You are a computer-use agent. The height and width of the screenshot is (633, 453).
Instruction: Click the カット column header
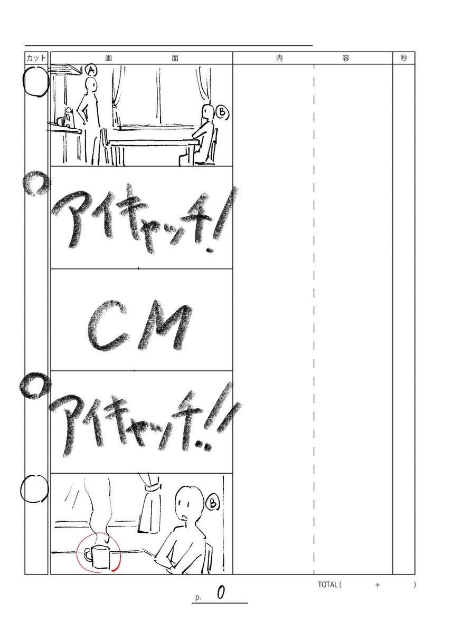click(x=36, y=58)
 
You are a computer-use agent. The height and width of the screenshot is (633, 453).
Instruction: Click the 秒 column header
click(x=404, y=58)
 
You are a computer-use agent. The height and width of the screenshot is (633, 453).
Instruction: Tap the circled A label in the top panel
click(x=91, y=70)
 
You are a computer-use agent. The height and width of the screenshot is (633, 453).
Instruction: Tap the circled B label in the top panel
click(x=222, y=112)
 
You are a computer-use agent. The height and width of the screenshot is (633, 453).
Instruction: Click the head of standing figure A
click(x=92, y=85)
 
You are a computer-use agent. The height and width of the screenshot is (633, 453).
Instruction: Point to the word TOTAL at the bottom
click(x=328, y=584)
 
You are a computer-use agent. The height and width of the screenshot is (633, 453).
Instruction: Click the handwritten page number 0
click(x=221, y=593)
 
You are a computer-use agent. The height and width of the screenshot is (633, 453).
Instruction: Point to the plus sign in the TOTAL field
click(x=378, y=585)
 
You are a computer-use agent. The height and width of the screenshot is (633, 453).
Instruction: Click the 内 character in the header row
click(x=279, y=58)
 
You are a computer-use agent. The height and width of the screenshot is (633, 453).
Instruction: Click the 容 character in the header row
click(x=346, y=58)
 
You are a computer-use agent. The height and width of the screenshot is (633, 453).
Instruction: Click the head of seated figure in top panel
click(x=208, y=112)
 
